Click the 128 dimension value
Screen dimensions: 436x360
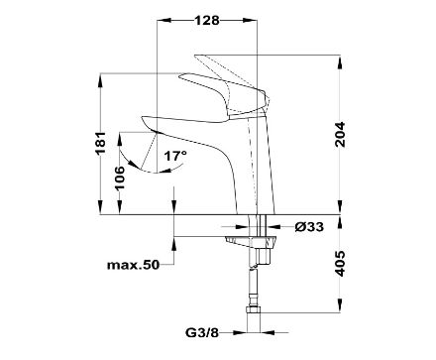(x=207, y=21)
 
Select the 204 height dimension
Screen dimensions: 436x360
(x=340, y=135)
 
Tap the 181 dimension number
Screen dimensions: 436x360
(x=100, y=143)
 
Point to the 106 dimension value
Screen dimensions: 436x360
(x=120, y=178)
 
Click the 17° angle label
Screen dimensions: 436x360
(x=175, y=156)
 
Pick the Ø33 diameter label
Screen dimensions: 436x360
(x=309, y=227)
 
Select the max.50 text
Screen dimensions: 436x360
(x=133, y=265)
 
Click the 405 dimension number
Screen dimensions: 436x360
(x=340, y=264)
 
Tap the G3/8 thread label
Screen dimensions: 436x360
(x=202, y=332)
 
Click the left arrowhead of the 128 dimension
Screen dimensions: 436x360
(x=164, y=21)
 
